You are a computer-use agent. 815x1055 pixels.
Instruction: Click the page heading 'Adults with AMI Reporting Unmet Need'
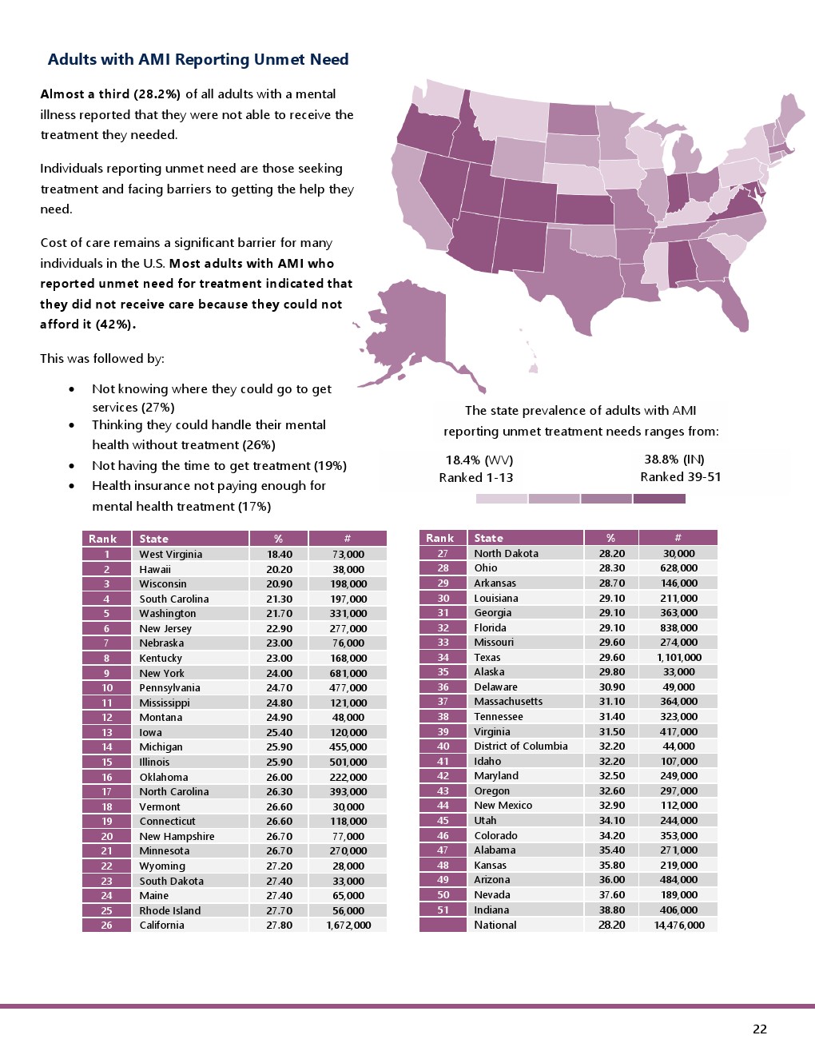coord(198,60)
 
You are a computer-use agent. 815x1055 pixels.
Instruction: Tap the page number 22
coord(759,1029)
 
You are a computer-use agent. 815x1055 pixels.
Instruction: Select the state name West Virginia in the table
coord(170,554)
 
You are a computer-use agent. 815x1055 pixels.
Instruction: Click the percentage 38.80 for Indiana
coord(611,910)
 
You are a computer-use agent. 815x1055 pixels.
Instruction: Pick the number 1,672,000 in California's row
coord(348,925)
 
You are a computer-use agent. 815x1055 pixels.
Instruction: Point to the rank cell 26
coord(106,925)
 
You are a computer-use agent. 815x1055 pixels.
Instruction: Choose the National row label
coord(495,925)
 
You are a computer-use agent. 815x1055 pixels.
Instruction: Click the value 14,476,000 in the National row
coord(678,925)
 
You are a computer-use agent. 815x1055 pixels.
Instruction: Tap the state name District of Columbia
coord(520,746)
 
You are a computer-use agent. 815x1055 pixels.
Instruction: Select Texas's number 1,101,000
coord(678,657)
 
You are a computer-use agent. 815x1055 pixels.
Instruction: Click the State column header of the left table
coord(153,539)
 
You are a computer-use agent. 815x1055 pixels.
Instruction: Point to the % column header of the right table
coord(610,538)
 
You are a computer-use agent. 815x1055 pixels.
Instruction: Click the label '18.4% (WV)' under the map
coord(479,460)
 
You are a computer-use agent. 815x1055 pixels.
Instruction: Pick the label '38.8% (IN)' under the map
coord(674,459)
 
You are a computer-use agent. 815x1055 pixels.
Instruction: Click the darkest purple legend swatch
coord(659,499)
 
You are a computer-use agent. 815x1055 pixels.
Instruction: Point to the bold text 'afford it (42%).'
coord(88,324)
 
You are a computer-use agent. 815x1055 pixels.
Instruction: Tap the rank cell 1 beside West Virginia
coord(106,554)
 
